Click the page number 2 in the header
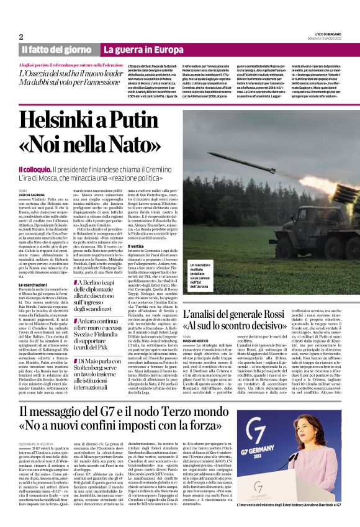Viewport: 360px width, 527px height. (x=21, y=37)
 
